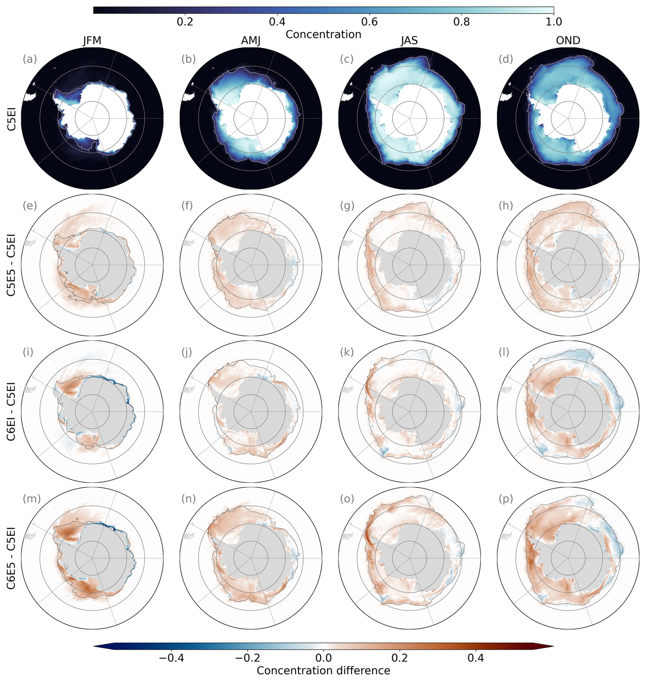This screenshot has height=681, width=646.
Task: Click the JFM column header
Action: pos(92,41)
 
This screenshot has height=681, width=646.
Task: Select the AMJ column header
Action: pos(251,41)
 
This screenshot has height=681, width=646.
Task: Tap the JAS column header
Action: pos(409,41)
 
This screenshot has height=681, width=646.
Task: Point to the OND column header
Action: pos(568,41)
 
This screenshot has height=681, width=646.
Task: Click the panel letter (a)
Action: pos(30,59)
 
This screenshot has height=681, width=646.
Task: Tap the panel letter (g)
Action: pos(347,206)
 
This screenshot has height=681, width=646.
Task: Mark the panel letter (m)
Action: pos(32,498)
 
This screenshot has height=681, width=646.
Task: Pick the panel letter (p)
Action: pos(506,498)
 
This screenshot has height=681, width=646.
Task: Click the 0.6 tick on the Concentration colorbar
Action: pos(369,22)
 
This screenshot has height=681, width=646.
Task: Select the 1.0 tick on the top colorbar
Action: pos(554,22)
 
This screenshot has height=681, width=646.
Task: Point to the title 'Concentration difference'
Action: pos(323,670)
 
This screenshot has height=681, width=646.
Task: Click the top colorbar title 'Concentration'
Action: pos(323,34)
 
